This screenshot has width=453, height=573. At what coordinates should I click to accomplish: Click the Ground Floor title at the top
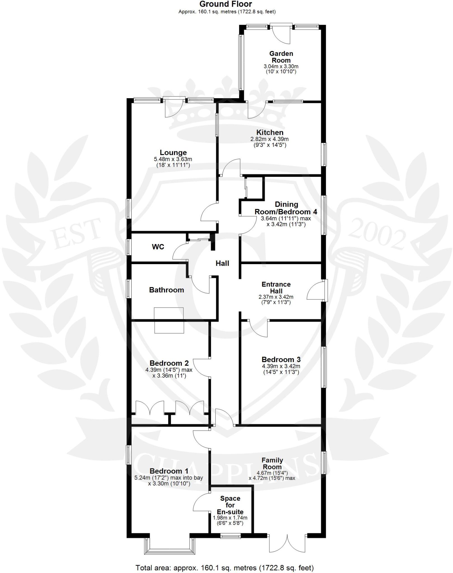click(226, 4)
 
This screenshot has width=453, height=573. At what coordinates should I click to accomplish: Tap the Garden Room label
click(281, 57)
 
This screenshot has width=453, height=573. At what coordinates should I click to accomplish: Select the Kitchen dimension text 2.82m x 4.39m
click(269, 139)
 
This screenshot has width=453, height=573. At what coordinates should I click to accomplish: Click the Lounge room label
click(173, 152)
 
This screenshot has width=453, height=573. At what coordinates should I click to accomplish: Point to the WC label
click(158, 247)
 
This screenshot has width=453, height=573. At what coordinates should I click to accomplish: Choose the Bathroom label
click(166, 290)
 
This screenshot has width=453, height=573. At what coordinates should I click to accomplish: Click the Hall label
click(222, 263)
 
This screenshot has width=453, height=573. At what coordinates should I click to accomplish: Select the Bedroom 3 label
click(281, 360)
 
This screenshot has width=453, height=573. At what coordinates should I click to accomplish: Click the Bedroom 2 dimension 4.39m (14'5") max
click(169, 370)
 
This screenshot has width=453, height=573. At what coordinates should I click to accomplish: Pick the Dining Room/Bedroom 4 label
click(286, 208)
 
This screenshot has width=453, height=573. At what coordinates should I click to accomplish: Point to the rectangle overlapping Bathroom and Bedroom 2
click(169, 320)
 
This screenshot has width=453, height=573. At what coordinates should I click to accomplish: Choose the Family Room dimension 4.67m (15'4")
click(272, 473)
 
